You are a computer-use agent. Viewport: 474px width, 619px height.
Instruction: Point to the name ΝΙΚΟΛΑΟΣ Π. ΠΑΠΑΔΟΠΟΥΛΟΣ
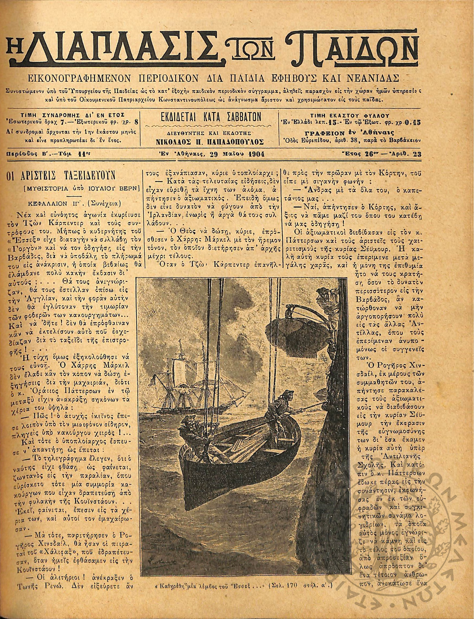click(210, 142)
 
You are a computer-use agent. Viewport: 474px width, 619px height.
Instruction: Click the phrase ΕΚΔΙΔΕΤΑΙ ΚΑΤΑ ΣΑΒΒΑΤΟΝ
click(210, 117)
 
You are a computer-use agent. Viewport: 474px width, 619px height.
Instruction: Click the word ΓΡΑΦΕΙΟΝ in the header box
click(325, 133)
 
